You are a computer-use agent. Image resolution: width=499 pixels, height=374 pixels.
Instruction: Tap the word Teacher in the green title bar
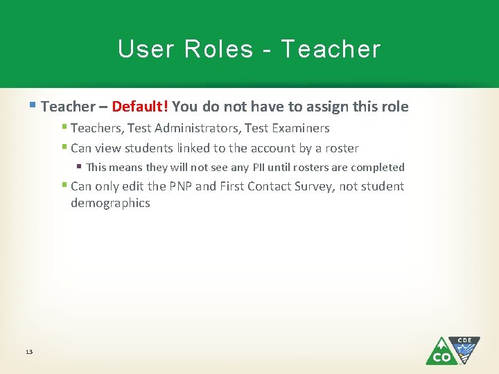(331, 49)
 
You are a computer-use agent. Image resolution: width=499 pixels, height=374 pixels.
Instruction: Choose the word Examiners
(301, 128)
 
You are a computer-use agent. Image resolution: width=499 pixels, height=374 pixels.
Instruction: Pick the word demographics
(110, 203)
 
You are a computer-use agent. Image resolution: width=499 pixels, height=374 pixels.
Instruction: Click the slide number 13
(28, 353)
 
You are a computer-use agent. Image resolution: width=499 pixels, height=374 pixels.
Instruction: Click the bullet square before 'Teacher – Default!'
(34, 106)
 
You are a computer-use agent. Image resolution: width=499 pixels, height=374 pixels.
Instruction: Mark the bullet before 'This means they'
(80, 167)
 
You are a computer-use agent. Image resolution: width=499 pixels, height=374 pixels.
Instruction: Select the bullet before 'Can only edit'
(64, 186)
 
